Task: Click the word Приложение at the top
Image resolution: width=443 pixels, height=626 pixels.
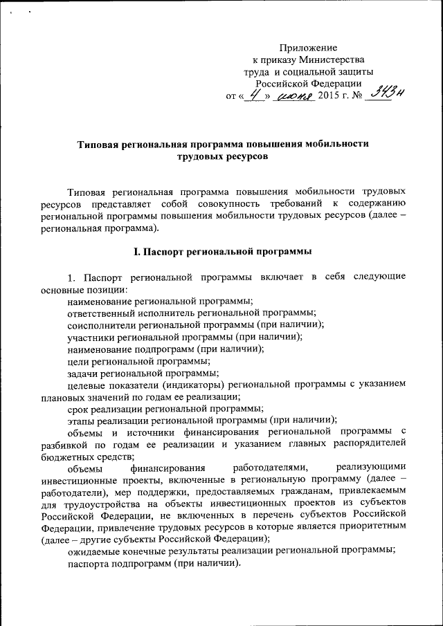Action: click(x=308, y=48)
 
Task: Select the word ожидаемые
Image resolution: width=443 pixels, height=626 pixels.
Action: click(x=95, y=551)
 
